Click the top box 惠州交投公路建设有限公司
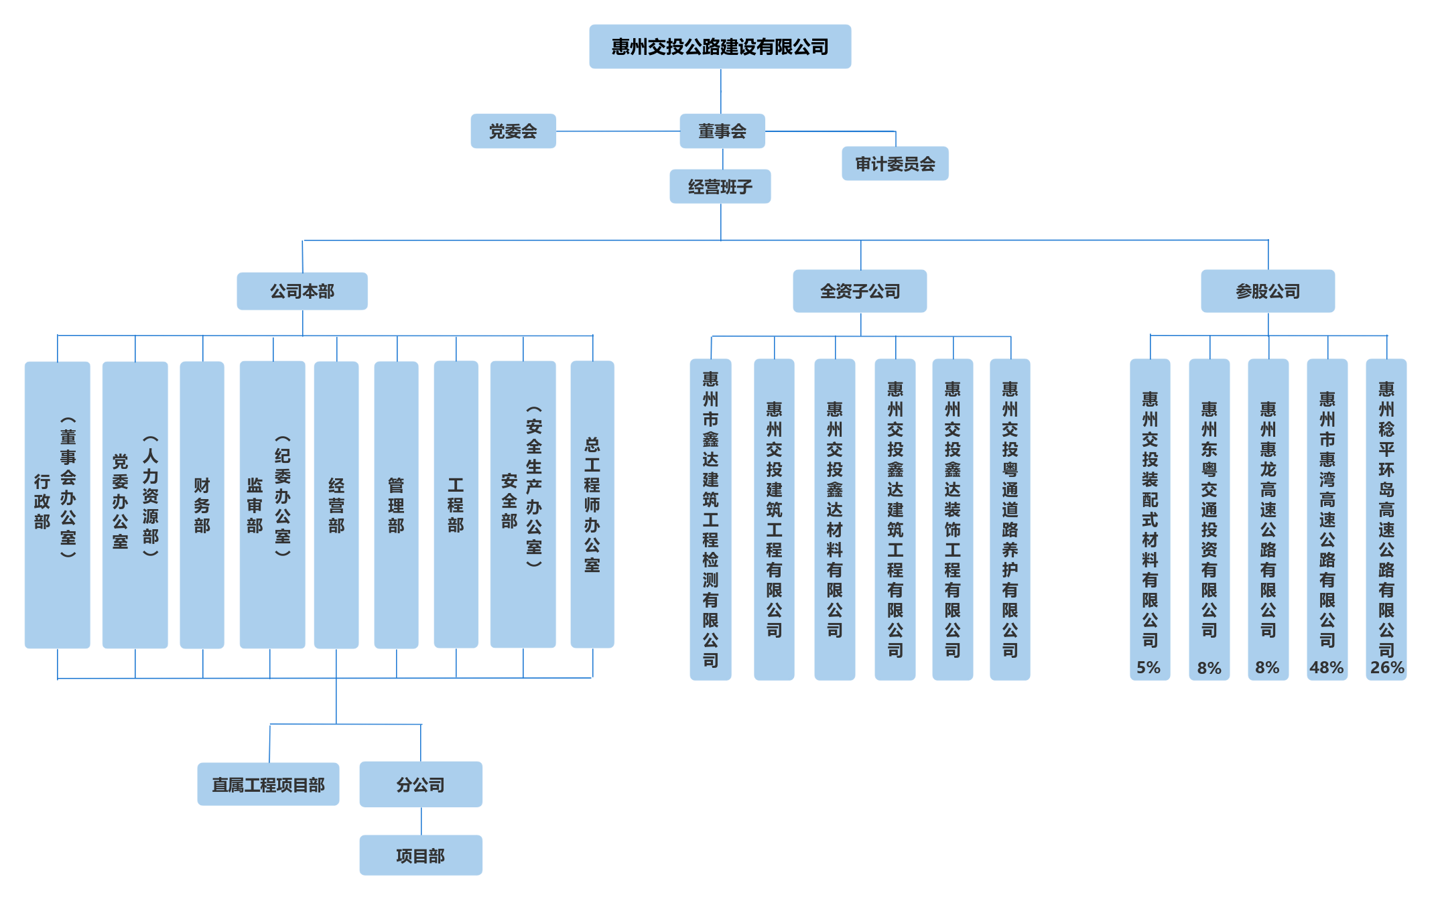(x=720, y=47)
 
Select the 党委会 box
(x=513, y=131)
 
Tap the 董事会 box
(x=722, y=131)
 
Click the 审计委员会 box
(x=895, y=164)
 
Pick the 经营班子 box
(x=720, y=187)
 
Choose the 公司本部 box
(x=302, y=291)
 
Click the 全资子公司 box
(x=860, y=291)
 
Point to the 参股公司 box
(x=1268, y=291)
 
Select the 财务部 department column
(x=202, y=505)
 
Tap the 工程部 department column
(x=456, y=505)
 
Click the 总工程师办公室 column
(x=592, y=505)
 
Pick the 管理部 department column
(x=396, y=505)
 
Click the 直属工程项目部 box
(x=269, y=784)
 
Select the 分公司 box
(x=421, y=784)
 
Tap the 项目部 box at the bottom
(x=421, y=855)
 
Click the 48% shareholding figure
(x=1327, y=668)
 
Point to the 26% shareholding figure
(x=1386, y=668)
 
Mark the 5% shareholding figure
(x=1149, y=668)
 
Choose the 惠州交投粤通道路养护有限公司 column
(x=1010, y=519)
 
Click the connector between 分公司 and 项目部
(x=421, y=821)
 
